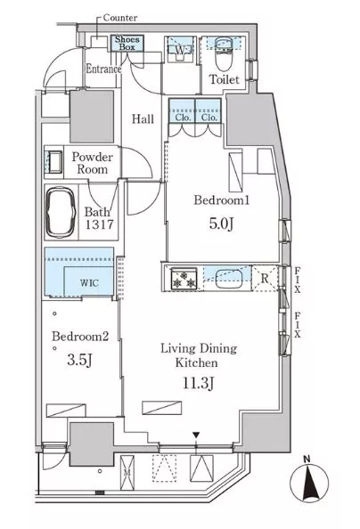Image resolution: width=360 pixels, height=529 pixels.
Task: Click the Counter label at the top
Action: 120,18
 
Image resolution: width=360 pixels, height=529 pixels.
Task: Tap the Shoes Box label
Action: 127,43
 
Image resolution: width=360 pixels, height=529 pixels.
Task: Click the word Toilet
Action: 224,79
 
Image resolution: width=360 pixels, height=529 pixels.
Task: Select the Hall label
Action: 143,118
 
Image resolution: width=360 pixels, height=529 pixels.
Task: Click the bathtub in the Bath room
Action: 60,212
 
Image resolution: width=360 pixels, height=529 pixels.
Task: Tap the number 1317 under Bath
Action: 99,224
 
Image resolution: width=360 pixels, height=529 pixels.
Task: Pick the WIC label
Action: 89,282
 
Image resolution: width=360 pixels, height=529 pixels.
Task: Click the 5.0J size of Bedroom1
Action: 221,224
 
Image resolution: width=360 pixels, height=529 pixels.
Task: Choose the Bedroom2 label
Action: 80,337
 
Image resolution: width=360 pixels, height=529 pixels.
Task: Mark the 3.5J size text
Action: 79,361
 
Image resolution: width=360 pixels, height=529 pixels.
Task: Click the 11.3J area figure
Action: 198,383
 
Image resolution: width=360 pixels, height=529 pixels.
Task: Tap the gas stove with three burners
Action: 184,279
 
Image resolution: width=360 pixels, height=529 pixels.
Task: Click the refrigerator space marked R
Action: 266,279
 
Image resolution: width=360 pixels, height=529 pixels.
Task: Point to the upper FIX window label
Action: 297,280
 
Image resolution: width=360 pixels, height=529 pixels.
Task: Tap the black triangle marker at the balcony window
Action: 196,435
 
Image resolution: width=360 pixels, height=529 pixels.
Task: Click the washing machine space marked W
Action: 181,50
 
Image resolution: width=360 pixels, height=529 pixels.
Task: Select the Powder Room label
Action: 92,163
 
